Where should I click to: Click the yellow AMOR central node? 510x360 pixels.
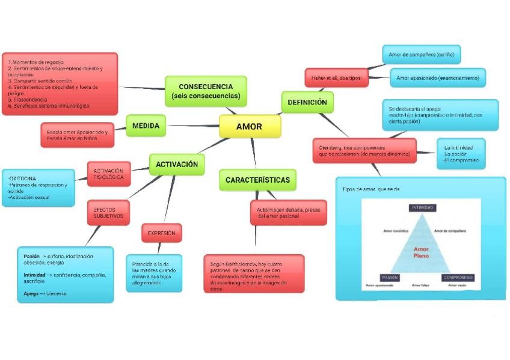(x=249, y=126)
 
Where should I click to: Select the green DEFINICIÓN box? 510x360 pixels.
(x=307, y=102)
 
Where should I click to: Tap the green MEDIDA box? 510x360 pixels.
(x=146, y=126)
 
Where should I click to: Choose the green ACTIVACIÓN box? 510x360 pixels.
(x=177, y=164)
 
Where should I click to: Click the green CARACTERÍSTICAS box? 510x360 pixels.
(x=257, y=180)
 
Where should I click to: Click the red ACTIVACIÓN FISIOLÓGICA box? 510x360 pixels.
(x=109, y=174)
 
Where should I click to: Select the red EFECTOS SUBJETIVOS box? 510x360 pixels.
(x=108, y=212)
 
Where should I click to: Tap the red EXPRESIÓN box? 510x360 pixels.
(x=161, y=233)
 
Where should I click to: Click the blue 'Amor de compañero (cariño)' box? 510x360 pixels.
(x=421, y=55)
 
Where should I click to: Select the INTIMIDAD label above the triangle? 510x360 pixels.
(x=423, y=208)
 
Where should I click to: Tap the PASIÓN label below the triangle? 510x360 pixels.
(x=389, y=278)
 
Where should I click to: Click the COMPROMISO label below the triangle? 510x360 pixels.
(x=458, y=278)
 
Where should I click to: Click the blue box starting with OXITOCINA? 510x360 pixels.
(x=38, y=188)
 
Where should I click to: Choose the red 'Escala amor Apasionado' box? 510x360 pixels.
(x=78, y=135)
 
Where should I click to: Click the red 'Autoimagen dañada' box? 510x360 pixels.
(x=288, y=212)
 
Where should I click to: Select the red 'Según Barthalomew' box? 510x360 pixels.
(x=254, y=273)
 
